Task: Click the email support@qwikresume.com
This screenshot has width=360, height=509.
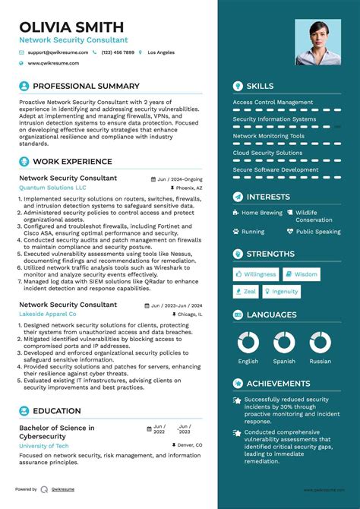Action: (x=58, y=52)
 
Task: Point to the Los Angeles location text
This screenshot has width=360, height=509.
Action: (x=160, y=52)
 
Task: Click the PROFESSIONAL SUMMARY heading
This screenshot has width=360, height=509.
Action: (x=87, y=87)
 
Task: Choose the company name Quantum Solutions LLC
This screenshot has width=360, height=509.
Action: (x=52, y=187)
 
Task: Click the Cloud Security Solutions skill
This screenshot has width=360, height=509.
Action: (x=267, y=153)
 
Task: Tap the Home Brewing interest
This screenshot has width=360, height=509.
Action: (x=261, y=213)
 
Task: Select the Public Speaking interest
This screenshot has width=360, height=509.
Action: (x=318, y=232)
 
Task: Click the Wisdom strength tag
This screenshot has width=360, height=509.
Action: (x=306, y=274)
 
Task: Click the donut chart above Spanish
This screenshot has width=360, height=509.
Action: (x=284, y=343)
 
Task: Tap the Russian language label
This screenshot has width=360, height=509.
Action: (x=320, y=362)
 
